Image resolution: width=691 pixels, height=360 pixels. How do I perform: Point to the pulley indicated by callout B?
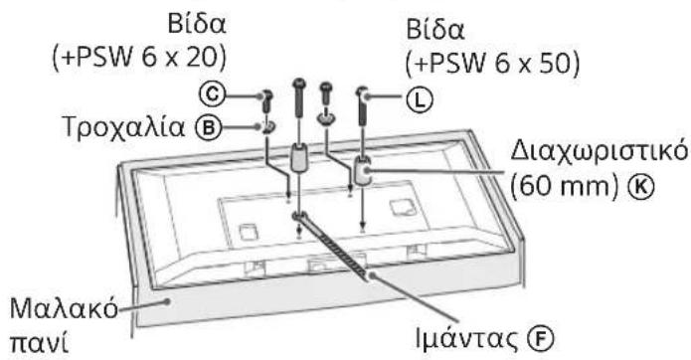[270, 126]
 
